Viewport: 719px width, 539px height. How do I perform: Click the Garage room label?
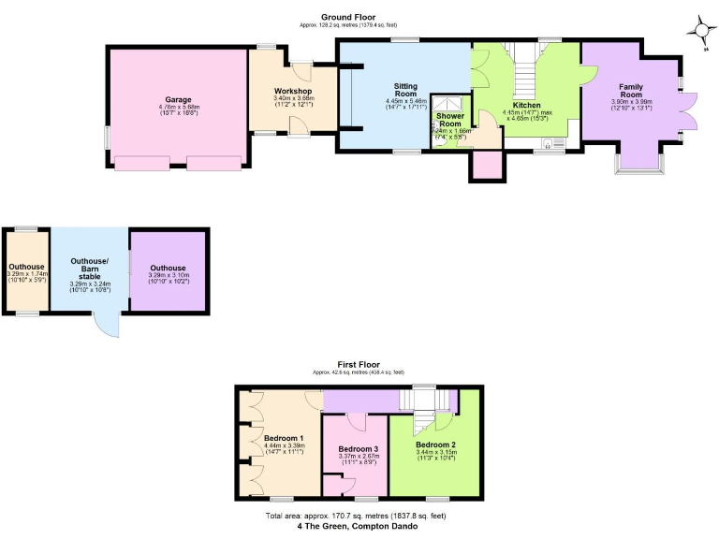click(178, 100)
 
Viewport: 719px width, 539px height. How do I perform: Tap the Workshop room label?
click(293, 91)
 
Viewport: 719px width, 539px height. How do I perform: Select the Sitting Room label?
click(405, 90)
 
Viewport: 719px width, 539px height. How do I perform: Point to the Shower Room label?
click(451, 121)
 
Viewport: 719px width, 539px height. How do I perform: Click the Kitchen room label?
click(527, 106)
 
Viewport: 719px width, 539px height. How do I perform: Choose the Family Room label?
click(630, 90)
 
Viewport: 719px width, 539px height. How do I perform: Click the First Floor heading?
click(359, 363)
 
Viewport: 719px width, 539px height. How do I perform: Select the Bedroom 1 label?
click(283, 438)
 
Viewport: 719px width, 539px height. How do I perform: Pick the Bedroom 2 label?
click(435, 444)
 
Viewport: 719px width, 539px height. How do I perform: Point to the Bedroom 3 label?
click(357, 449)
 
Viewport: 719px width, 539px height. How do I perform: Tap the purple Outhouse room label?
click(169, 268)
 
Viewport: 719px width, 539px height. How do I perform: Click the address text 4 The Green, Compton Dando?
click(359, 526)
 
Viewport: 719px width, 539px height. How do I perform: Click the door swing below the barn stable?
click(107, 326)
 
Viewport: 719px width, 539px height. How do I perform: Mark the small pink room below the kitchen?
click(486, 164)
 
